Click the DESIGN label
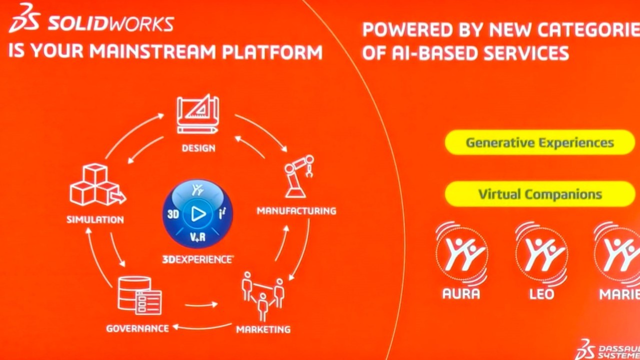click(x=198, y=148)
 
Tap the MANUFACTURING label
click(x=296, y=211)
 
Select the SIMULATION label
click(x=95, y=219)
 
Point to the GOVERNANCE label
click(x=137, y=328)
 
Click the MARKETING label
click(x=263, y=329)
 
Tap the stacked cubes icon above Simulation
click(x=97, y=184)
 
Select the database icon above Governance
click(x=139, y=295)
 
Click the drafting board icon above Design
click(x=198, y=114)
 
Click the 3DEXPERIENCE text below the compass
click(x=197, y=259)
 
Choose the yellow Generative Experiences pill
click(x=539, y=142)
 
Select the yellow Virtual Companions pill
click(x=539, y=194)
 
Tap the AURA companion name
click(x=461, y=293)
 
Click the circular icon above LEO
click(x=541, y=253)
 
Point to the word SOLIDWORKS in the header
click(x=111, y=23)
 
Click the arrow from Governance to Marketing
click(x=201, y=305)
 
